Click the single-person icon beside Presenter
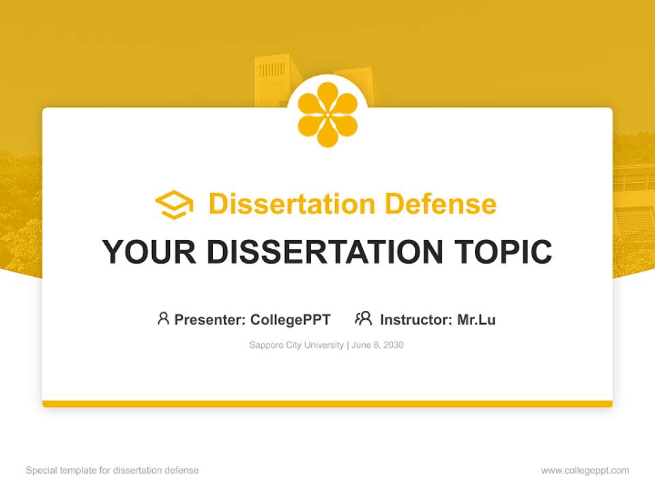(x=163, y=318)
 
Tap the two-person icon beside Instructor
(x=363, y=318)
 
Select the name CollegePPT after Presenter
(x=291, y=320)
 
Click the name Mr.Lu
(x=476, y=320)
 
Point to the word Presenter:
(x=210, y=320)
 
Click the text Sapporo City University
(x=297, y=345)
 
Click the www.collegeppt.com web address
(x=585, y=471)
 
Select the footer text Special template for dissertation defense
(x=113, y=471)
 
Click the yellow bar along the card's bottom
(x=327, y=404)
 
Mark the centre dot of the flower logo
(x=327, y=115)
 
